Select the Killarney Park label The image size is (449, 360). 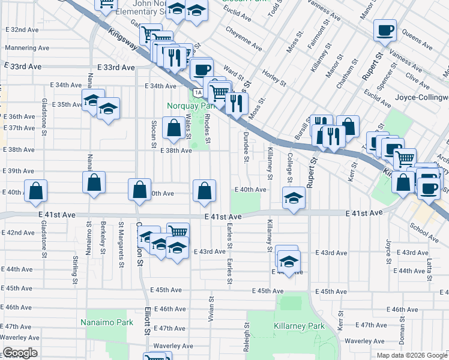pos(299,326)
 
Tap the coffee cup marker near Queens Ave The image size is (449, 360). pos(385,30)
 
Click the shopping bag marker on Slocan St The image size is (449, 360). pos(173,127)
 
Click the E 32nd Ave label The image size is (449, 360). pos(22,29)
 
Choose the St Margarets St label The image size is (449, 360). pos(121,237)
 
